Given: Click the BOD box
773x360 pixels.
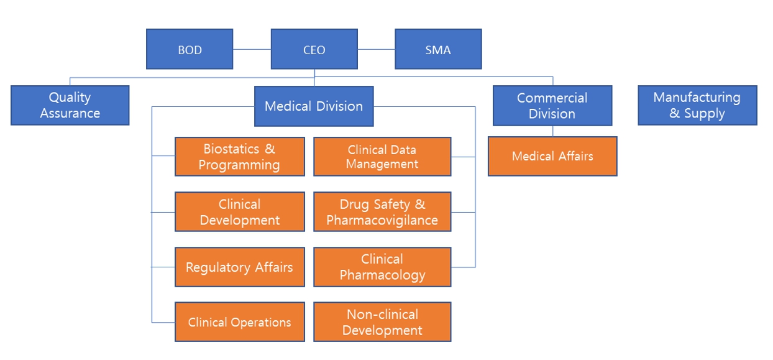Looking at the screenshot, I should click(190, 49).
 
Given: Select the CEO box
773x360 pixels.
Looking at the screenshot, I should click(314, 49).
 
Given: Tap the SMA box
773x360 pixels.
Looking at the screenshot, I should click(438, 49).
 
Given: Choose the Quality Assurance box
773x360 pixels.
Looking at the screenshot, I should click(70, 105).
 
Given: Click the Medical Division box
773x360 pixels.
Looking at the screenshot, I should click(314, 106).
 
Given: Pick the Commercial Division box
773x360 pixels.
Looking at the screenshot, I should click(552, 106).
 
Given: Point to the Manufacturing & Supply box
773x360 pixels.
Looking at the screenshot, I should click(697, 106).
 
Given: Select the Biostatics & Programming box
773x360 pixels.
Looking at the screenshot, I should click(239, 157).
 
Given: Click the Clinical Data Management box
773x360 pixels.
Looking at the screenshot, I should click(382, 157).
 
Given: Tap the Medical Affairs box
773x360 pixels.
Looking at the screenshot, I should click(552, 156).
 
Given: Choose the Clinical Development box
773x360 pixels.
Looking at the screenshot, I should click(239, 212).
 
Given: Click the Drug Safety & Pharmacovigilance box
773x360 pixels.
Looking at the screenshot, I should click(382, 212).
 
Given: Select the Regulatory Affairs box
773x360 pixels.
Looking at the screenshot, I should click(239, 267).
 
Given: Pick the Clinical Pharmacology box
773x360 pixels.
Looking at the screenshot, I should click(382, 267).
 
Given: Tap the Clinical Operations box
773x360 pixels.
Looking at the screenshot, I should click(239, 322).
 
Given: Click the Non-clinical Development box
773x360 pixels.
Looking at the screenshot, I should click(382, 322).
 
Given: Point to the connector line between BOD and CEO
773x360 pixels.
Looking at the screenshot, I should click(252, 49).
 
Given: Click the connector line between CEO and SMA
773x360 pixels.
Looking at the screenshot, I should click(376, 49).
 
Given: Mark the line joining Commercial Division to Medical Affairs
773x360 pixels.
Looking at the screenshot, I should click(552, 131).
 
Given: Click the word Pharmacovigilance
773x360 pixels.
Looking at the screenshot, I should click(382, 221).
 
